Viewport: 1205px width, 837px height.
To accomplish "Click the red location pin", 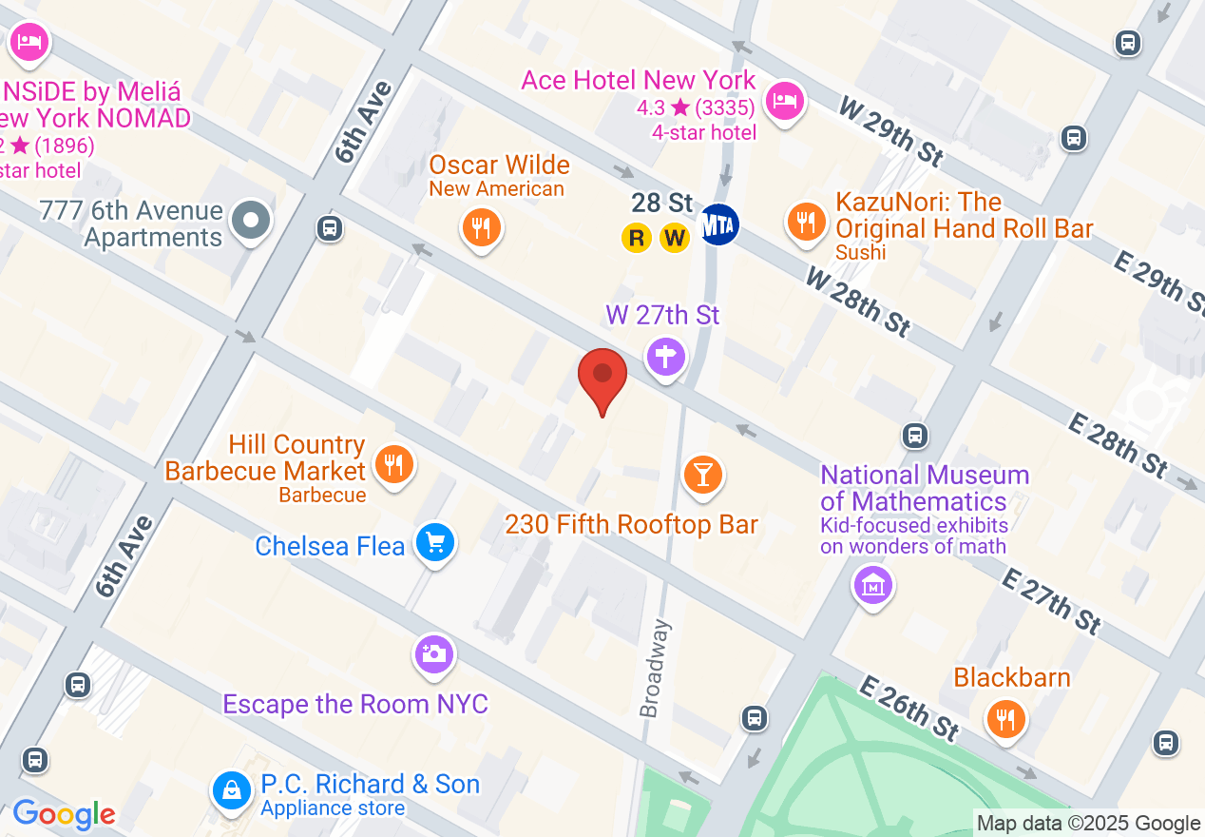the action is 602,376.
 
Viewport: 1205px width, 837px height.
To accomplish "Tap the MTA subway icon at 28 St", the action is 719,224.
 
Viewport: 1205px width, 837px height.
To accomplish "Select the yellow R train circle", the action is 637,238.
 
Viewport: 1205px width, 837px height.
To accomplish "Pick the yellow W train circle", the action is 675,238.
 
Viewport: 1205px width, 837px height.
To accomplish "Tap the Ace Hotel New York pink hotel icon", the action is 785,98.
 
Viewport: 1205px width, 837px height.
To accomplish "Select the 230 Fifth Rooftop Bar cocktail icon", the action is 703,474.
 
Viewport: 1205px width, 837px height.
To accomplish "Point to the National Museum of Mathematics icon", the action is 872,585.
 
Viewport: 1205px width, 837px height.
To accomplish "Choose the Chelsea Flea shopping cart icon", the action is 435,543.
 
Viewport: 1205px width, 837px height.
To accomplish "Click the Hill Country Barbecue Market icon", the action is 392,464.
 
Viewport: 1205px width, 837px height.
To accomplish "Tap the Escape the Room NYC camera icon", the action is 433,654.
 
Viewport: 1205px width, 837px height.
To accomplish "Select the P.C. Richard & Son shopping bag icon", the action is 231,788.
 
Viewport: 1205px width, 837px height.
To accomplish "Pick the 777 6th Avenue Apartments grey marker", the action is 252,221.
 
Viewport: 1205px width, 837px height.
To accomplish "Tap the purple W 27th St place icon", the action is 666,358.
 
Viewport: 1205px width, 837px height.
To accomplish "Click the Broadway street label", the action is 655,669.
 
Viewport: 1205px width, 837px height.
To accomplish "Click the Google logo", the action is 64,814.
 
